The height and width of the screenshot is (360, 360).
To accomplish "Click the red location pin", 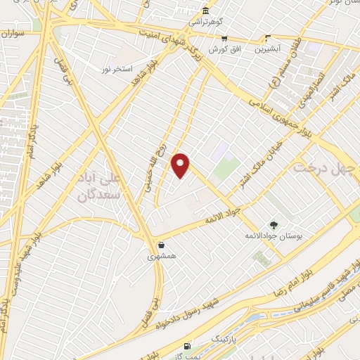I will click(x=181, y=165).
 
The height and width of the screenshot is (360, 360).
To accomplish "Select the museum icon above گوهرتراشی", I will click(x=205, y=11).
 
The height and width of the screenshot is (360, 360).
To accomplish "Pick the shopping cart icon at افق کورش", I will click(x=224, y=39).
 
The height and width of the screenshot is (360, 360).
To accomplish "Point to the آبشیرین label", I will click(x=267, y=50).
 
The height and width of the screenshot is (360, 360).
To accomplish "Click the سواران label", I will click(x=12, y=33).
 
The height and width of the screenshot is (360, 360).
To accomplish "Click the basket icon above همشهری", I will click(x=163, y=246).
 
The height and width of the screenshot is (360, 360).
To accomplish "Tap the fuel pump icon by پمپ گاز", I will click(x=186, y=345).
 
